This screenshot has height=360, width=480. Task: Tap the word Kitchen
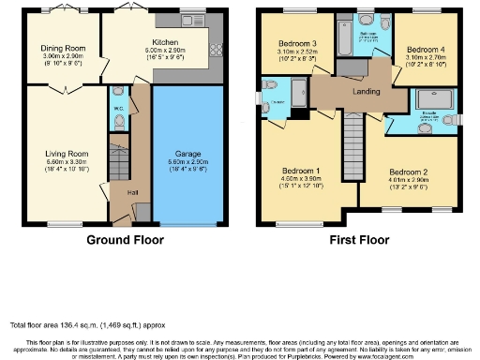click(x=166, y=42)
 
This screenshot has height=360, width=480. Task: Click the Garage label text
click(x=188, y=153)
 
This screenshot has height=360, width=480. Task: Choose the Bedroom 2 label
click(x=408, y=172)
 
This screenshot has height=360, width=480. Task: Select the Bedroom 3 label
click(x=297, y=44)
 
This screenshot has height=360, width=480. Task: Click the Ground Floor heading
click(x=125, y=240)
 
